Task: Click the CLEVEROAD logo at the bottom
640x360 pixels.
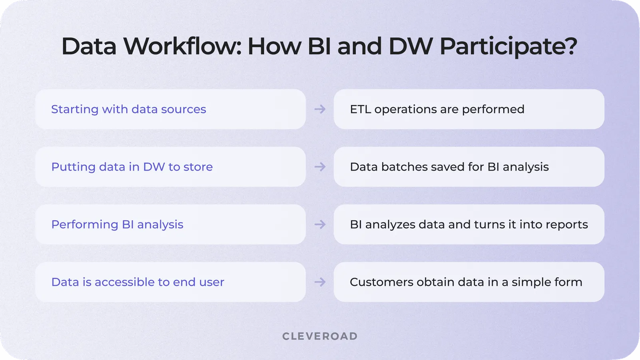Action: pos(320,336)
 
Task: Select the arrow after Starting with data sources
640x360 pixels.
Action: pos(320,109)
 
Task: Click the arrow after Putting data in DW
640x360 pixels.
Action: pos(320,167)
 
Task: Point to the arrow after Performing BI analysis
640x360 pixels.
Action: pos(320,224)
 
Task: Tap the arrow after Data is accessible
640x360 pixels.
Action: pos(320,282)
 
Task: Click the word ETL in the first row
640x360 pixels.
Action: pos(360,109)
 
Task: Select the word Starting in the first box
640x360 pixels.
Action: pos(75,109)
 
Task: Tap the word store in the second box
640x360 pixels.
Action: pos(198,167)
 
